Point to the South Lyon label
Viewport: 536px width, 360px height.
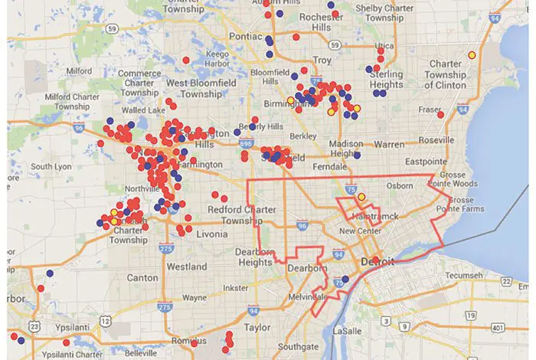(x=51, y=166)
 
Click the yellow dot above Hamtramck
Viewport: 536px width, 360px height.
(x=361, y=198)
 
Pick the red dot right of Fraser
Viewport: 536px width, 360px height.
(x=440, y=114)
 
